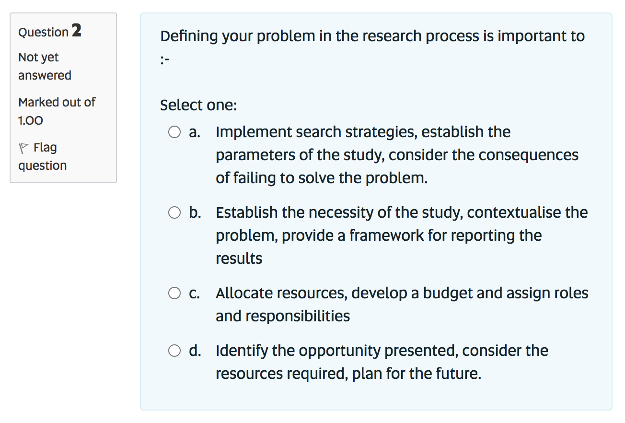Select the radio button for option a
click(174, 132)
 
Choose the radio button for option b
click(174, 212)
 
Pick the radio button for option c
click(174, 293)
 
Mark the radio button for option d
click(174, 351)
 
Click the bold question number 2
click(76, 31)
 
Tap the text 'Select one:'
click(198, 105)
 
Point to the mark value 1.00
click(31, 120)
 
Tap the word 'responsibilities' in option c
click(297, 316)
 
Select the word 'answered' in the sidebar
click(45, 75)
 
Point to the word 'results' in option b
click(239, 258)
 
